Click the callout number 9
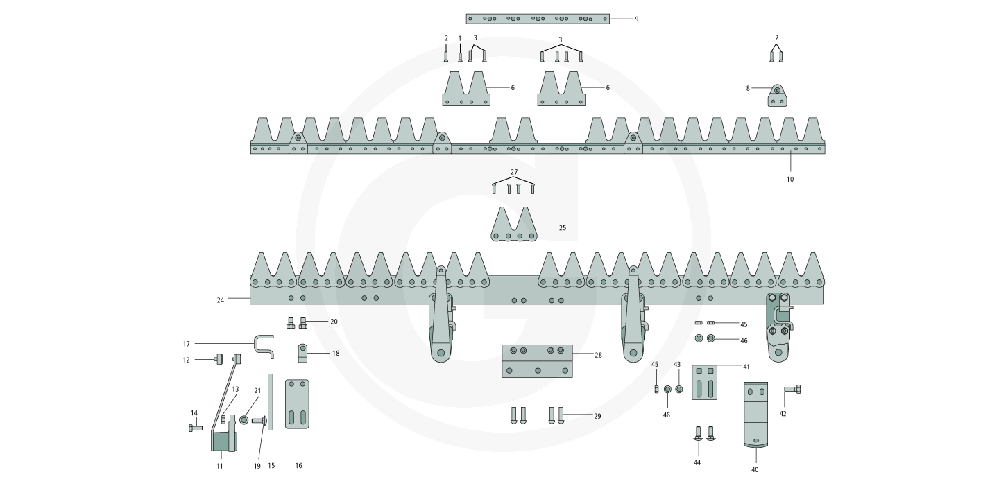point(636,19)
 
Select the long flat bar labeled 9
point(537,19)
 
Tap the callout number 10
point(789,179)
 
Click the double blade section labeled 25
point(514,226)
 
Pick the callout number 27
point(513,171)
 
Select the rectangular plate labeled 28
point(537,360)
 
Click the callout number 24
point(221,300)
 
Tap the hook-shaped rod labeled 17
point(264,345)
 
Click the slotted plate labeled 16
point(297,404)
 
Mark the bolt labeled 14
point(195,428)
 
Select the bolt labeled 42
point(792,389)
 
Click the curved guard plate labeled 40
point(755,414)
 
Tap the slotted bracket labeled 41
point(705,383)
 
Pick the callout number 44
point(697,462)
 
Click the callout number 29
point(597,416)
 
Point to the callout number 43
point(677,364)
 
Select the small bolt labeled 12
point(217,358)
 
